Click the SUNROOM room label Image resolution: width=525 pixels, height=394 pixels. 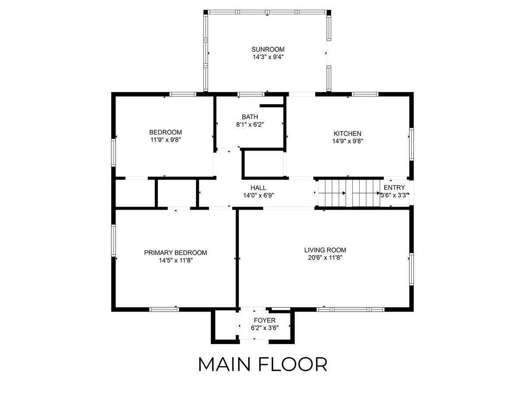tap(268, 49)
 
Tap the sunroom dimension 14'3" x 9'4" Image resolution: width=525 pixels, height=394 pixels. tap(268, 57)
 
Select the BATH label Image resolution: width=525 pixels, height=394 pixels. tap(250, 117)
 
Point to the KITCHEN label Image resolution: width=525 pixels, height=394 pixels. tap(347, 134)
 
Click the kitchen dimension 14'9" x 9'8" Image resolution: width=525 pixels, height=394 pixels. tap(347, 141)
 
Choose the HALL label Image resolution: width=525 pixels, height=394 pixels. tap(258, 188)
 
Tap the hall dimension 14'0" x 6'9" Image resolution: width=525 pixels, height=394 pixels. tap(258, 195)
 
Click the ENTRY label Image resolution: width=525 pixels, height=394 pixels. tap(394, 187)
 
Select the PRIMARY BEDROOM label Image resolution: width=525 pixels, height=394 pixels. tap(175, 253)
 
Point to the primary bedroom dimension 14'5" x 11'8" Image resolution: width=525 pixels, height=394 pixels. tap(176, 260)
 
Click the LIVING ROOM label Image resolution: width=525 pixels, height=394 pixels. tap(325, 250)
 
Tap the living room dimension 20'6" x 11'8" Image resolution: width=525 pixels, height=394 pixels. tap(325, 258)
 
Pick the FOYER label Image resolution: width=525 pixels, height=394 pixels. tap(265, 320)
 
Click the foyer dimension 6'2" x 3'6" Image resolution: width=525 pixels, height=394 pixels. tap(265, 328)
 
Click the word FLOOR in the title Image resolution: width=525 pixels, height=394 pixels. tap(293, 365)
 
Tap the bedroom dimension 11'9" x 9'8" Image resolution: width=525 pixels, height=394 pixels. tap(165, 140)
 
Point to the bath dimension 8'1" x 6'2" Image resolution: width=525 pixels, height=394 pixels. tap(250, 125)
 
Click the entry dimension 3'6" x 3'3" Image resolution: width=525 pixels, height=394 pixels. tap(394, 195)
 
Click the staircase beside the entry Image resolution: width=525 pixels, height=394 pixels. tap(349, 193)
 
